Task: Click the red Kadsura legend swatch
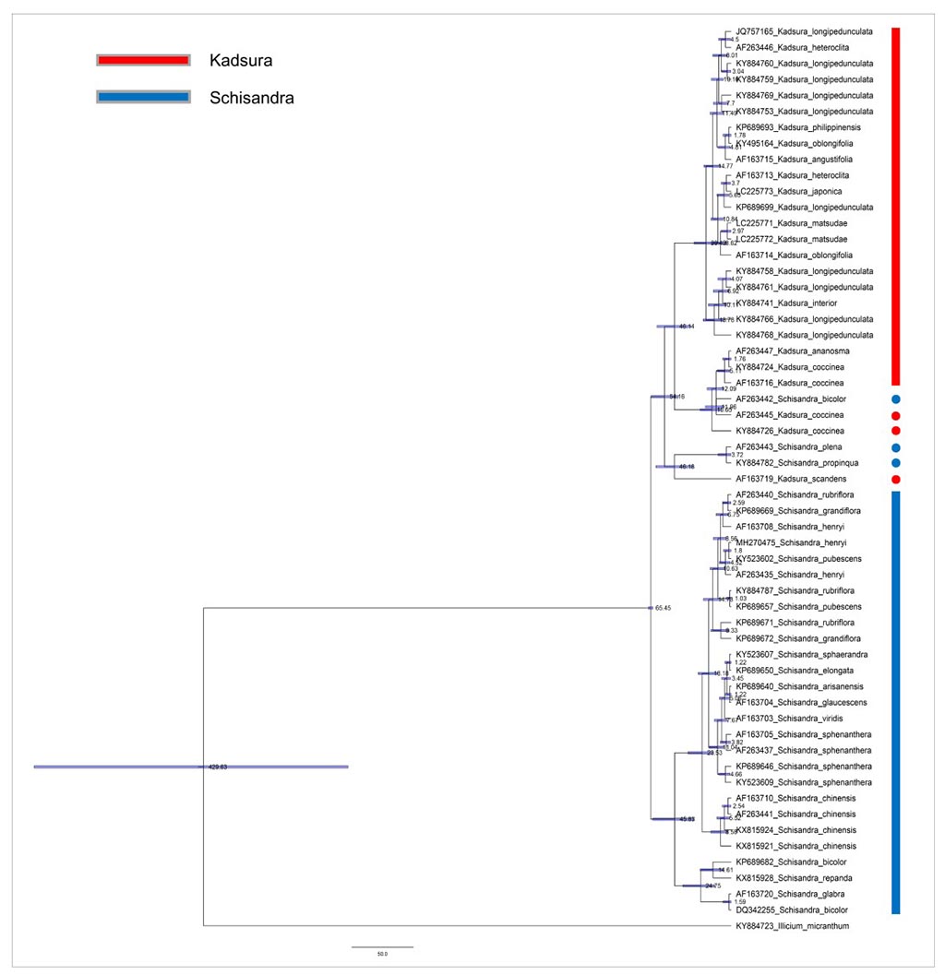tap(143, 61)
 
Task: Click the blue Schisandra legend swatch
tap(143, 97)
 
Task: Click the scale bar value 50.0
tap(382, 954)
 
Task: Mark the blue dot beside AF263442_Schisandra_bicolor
tap(895, 399)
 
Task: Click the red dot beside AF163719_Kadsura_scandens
tap(895, 480)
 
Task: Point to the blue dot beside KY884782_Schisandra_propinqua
tap(895, 463)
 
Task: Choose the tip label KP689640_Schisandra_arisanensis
tap(798, 686)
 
